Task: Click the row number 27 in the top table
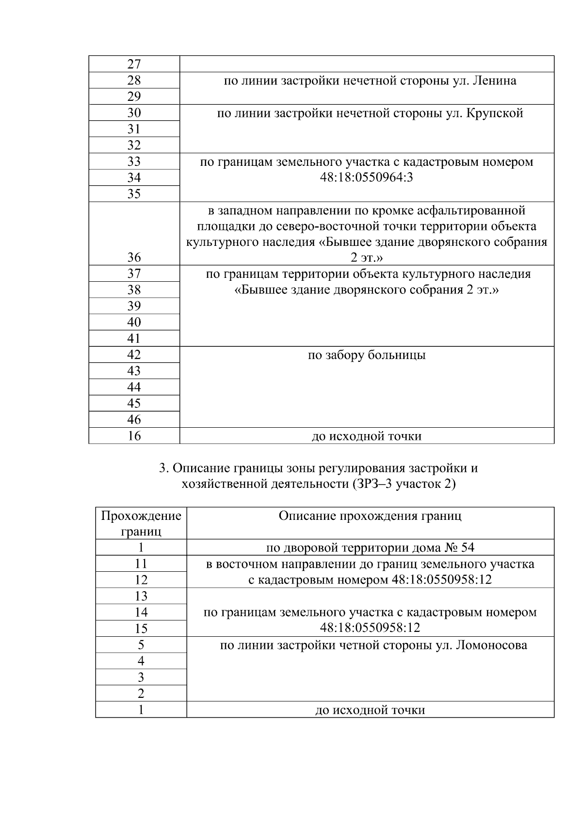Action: (x=134, y=65)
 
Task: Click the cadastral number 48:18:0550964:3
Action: (x=366, y=178)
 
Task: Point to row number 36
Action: (x=134, y=258)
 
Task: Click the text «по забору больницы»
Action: (x=367, y=355)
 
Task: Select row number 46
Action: (x=134, y=420)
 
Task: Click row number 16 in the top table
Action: (x=134, y=436)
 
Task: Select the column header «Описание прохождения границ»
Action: (x=370, y=516)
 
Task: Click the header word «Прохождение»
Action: (x=141, y=516)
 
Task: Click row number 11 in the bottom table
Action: (x=141, y=564)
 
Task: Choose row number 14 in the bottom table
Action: (x=141, y=613)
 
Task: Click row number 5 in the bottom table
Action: (x=141, y=645)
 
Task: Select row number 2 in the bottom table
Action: (x=141, y=694)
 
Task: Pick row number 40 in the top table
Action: (x=134, y=323)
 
